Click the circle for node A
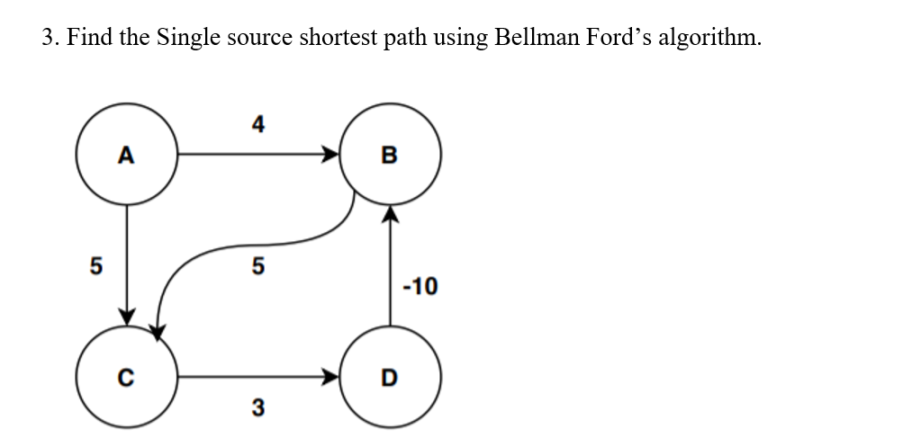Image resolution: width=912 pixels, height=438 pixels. coord(127,155)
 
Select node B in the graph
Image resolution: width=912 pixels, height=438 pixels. coord(389,155)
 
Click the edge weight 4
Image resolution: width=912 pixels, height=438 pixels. coord(258,123)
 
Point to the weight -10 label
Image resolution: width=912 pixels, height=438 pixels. coord(420,287)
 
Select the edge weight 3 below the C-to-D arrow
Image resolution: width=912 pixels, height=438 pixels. coord(257,408)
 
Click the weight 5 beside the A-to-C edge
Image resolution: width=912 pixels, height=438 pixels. coord(94,265)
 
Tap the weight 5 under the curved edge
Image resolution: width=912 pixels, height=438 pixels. coord(257,266)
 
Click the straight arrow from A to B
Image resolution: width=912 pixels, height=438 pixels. coord(257,155)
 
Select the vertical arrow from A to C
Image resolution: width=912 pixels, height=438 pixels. coord(127,261)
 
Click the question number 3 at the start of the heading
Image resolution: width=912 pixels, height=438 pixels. coord(49,39)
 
